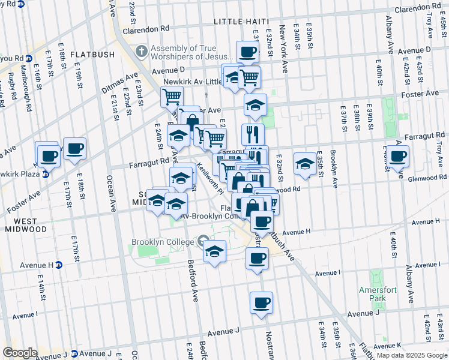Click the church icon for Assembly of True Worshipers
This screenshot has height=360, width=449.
point(142,51)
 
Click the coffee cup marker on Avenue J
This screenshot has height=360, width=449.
point(261,303)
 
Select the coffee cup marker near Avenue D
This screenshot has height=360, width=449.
point(247,52)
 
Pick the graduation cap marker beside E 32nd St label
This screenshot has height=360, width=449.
point(305,163)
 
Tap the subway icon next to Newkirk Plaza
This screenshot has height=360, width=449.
point(45,175)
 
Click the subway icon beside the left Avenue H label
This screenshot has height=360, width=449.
point(59,265)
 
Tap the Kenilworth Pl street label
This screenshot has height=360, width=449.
point(209,179)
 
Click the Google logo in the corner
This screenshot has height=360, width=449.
point(20,353)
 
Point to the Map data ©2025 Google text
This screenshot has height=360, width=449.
point(412,355)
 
